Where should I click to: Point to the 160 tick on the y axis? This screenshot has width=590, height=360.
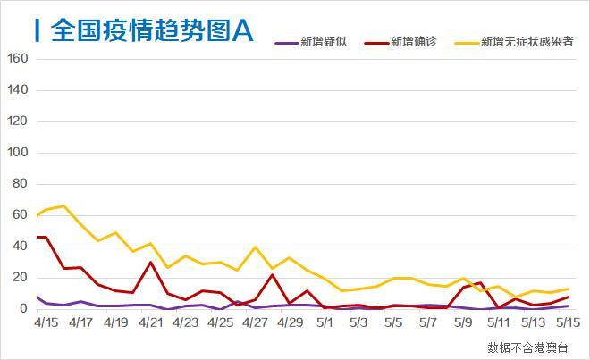(19, 59)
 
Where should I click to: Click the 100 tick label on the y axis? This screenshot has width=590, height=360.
(19, 153)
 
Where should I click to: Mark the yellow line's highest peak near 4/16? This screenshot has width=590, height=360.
(63, 206)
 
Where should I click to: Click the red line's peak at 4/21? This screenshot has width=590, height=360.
(150, 263)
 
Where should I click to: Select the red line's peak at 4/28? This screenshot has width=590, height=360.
(273, 274)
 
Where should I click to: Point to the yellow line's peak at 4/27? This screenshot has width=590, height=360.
(256, 247)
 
